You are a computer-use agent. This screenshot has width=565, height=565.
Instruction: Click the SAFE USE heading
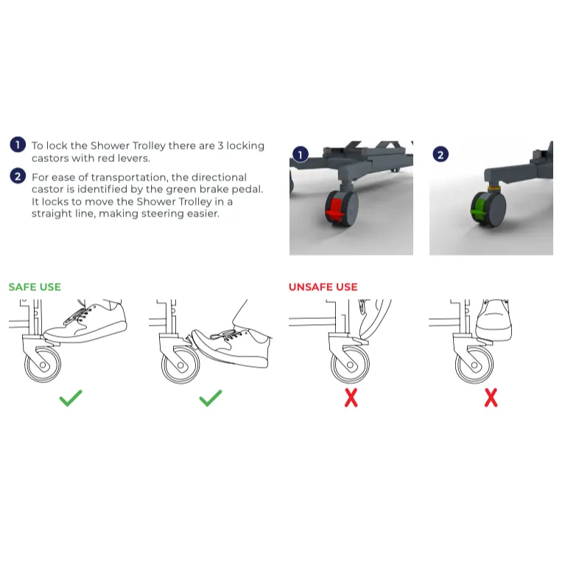pos(35,287)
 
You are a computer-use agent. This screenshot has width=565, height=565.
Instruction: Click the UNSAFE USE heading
pos(323,287)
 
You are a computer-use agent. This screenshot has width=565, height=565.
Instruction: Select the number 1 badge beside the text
pos(18,145)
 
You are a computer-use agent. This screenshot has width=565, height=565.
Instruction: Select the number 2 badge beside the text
pos(18,176)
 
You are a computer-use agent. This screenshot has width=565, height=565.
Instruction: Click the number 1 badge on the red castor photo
pos(301,155)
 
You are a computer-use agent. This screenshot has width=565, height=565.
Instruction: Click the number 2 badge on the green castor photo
pos(441,155)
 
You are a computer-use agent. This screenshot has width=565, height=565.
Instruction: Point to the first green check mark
pos(71,399)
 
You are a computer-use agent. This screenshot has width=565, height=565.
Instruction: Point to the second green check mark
pos(211,399)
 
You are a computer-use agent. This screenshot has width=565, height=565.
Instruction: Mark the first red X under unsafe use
pos(351,398)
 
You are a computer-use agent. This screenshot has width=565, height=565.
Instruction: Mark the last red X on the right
pos(491,398)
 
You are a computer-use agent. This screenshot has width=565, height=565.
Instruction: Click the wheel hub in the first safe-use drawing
pos(43,365)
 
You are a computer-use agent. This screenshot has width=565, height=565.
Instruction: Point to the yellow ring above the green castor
pos(494,189)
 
